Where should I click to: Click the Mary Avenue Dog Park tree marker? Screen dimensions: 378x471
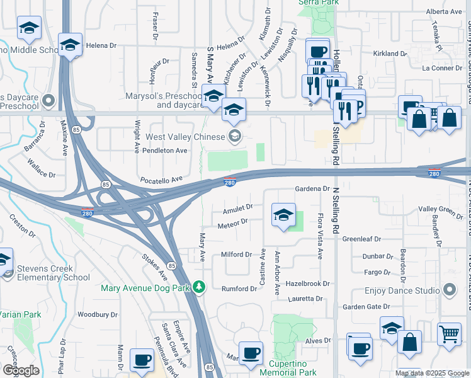(x=200, y=287)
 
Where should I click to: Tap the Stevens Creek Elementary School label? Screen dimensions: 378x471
(x=54, y=273)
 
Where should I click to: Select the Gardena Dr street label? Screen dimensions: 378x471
(x=312, y=189)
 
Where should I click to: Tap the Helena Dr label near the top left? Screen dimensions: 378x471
(x=101, y=45)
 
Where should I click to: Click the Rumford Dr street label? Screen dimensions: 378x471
(x=237, y=289)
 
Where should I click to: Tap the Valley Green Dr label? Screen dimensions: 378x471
(x=441, y=209)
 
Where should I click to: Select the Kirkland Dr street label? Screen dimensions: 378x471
(x=390, y=54)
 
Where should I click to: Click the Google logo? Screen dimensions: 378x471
(x=20, y=370)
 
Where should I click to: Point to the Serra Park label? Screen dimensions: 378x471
(x=319, y=3)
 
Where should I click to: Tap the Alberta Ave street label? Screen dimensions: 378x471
(x=443, y=12)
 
